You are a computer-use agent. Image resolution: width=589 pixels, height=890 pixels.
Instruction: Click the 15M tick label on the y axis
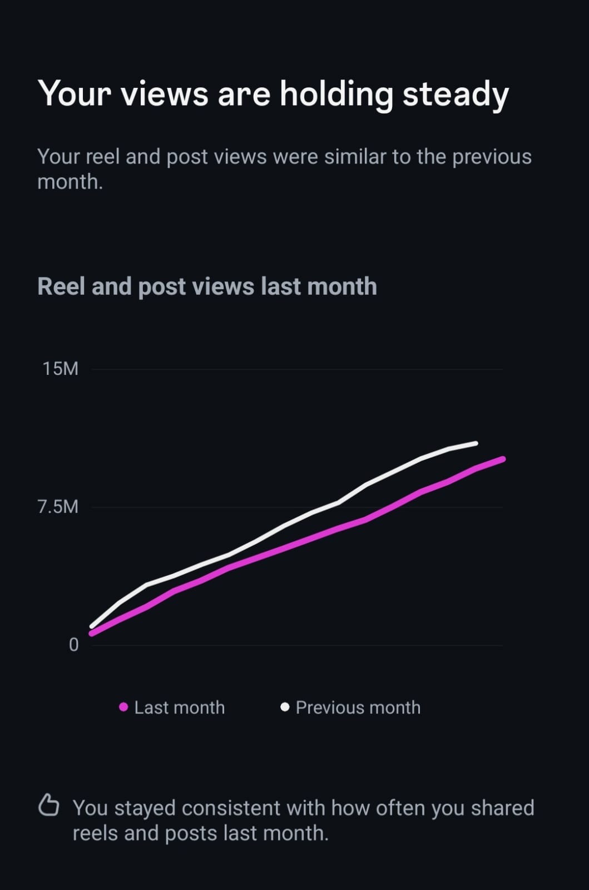click(x=60, y=369)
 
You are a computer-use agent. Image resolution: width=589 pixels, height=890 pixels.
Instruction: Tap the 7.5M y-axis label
click(x=58, y=507)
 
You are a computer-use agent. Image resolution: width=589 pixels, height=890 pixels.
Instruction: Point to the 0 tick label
click(x=73, y=645)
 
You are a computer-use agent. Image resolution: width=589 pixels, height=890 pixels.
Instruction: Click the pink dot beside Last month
click(x=123, y=707)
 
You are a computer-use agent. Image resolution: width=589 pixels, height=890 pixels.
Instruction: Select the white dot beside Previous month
click(x=285, y=707)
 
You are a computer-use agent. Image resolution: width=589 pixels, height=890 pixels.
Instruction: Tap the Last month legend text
click(x=180, y=708)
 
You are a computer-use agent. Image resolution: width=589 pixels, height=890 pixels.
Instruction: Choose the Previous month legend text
click(x=358, y=708)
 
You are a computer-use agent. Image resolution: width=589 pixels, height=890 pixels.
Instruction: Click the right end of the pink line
click(x=503, y=459)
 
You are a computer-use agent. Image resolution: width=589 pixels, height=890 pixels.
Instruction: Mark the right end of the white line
click(x=476, y=443)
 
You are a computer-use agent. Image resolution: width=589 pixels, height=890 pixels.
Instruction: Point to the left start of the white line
click(x=92, y=626)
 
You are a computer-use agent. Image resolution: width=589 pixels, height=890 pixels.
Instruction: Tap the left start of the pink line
click(x=92, y=634)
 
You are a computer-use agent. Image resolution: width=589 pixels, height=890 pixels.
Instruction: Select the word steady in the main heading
click(x=456, y=94)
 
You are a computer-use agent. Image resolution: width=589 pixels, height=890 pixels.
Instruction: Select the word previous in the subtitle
click(x=492, y=157)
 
